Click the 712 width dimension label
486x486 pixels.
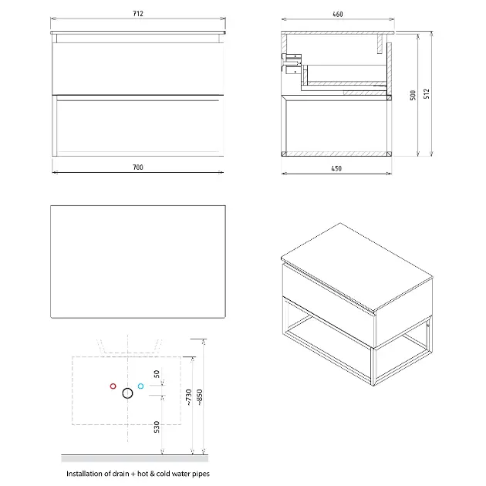coord(138,14)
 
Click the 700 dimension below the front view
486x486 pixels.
coord(138,167)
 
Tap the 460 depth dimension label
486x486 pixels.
coord(338,14)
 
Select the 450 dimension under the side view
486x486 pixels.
coord(336,169)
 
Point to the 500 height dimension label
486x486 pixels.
coord(413,95)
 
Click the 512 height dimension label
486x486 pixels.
coord(427,94)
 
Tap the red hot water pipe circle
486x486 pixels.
coord(113,386)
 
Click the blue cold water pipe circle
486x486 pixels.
coord(140,386)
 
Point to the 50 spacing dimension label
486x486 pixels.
coord(157,374)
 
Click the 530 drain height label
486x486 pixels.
coord(157,427)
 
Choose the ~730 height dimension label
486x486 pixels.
coord(188,397)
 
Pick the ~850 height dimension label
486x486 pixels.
coord(200,397)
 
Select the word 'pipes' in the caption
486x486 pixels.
coord(201,474)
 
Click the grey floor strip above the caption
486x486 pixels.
coord(134,458)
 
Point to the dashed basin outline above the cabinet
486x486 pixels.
coord(130,353)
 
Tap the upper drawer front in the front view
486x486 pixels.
coord(137,68)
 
